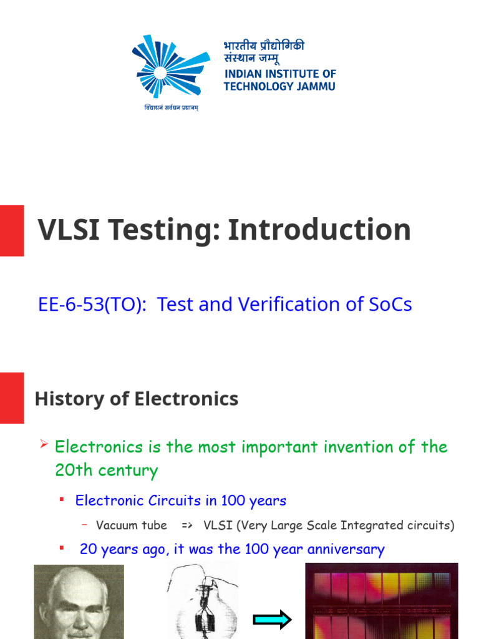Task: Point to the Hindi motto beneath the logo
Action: pos(171,107)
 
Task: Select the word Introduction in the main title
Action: pos(319,230)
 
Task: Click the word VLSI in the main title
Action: pos(69,230)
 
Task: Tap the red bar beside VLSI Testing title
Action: pos(12,231)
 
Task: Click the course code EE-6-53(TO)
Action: pos(92,305)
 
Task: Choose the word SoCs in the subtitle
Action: pos(390,305)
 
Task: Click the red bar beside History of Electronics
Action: pos(12,398)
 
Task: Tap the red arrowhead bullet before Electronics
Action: pos(44,444)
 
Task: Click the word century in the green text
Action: pos(128,471)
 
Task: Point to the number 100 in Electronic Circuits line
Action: pos(233,500)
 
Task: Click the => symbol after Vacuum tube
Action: pos(187,525)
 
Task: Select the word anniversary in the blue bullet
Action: pos(346,549)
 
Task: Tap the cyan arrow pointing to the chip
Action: pos(273,620)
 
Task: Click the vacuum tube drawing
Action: pos(203,602)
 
